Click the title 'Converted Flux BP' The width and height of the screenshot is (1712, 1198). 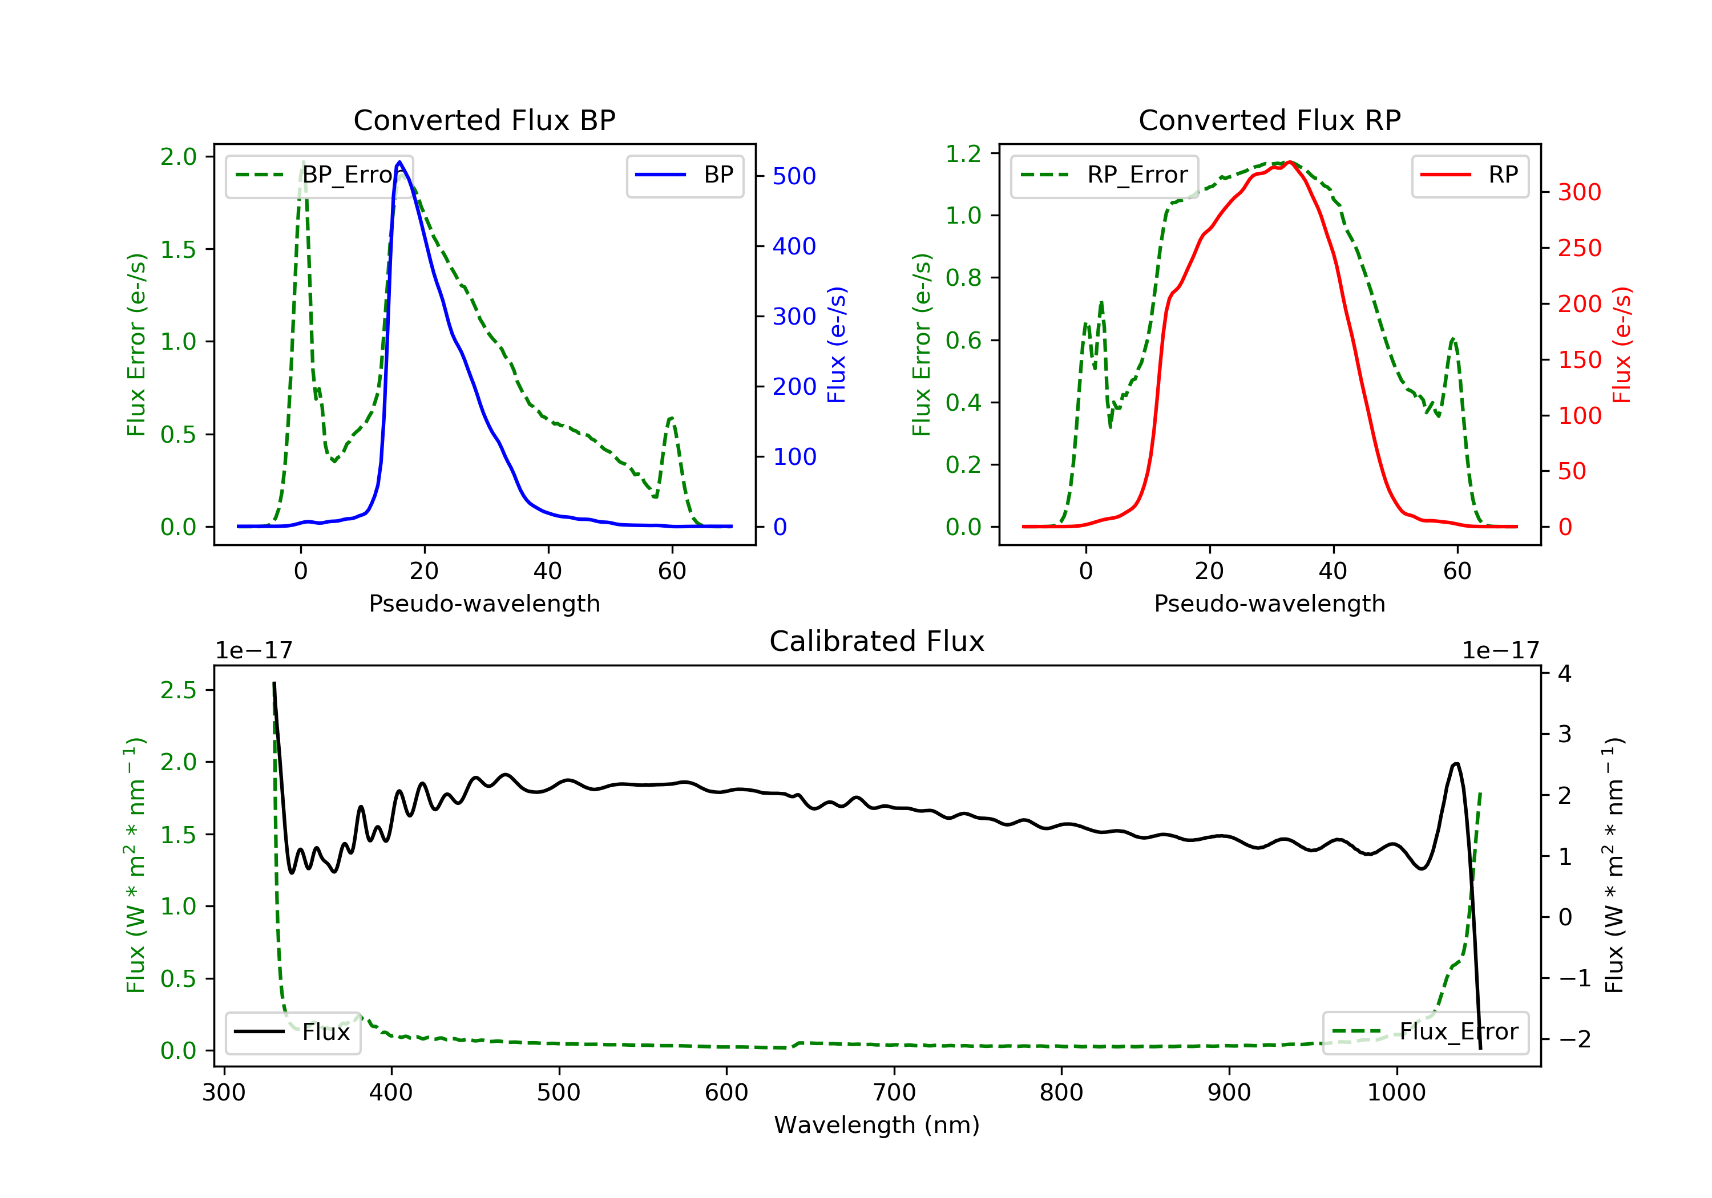coord(484,120)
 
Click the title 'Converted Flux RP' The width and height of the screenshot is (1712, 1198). coord(1269,120)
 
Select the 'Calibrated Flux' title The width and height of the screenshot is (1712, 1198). coord(877,641)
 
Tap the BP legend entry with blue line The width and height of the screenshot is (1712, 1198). coord(684,175)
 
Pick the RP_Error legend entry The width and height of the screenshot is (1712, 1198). coord(1104,176)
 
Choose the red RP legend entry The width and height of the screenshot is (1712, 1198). coord(1469,175)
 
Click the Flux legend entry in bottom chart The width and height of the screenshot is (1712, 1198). coord(292,1032)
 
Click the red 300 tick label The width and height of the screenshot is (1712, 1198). coord(1579,192)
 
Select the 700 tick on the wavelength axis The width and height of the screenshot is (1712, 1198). coord(894,1093)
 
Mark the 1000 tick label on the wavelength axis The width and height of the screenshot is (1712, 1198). coord(1396,1093)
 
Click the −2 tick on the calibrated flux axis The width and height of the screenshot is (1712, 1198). coord(1575,1039)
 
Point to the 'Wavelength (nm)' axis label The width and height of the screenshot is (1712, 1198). coord(877,1125)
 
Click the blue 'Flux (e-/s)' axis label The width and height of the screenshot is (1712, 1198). coord(837,345)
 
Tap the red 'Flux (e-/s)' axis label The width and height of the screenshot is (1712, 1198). coord(1622,345)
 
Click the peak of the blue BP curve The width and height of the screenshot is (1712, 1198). coord(399,162)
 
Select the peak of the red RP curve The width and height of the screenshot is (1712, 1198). coord(1289,162)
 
